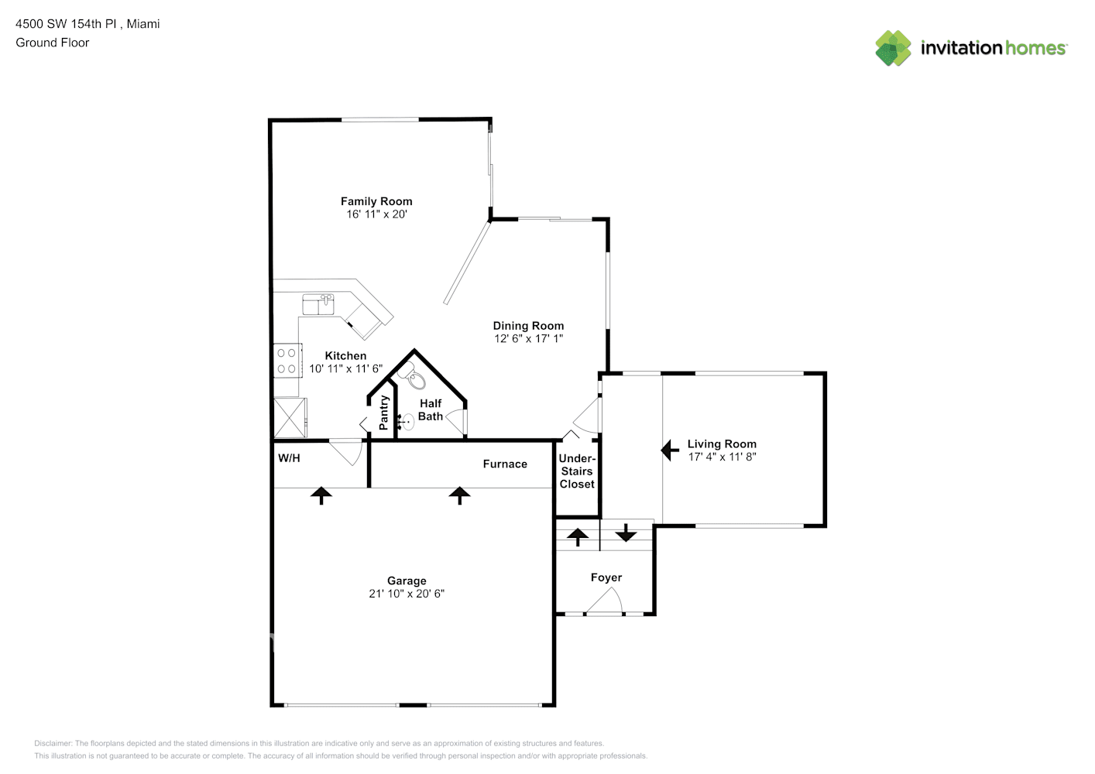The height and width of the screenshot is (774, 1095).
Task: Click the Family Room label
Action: [376, 201]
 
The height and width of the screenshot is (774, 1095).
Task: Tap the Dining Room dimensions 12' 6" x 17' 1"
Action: [528, 339]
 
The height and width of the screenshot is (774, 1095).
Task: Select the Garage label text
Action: [407, 580]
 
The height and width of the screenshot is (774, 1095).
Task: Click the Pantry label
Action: [383, 413]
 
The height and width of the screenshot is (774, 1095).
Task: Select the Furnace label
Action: [505, 464]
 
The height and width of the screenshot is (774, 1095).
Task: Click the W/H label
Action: [289, 458]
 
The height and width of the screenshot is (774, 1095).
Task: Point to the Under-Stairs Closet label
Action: [577, 471]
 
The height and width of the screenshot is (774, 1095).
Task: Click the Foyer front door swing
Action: [606, 602]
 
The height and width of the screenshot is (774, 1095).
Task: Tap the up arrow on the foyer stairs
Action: [578, 536]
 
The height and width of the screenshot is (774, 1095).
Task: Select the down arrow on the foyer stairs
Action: [626, 534]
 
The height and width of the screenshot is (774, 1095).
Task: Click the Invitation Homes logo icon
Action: [893, 48]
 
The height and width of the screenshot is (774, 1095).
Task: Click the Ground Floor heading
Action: [53, 43]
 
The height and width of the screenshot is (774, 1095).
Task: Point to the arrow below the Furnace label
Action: [460, 495]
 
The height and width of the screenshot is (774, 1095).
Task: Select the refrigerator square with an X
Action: [290, 418]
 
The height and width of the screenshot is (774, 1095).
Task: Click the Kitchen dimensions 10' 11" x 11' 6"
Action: [345, 369]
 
